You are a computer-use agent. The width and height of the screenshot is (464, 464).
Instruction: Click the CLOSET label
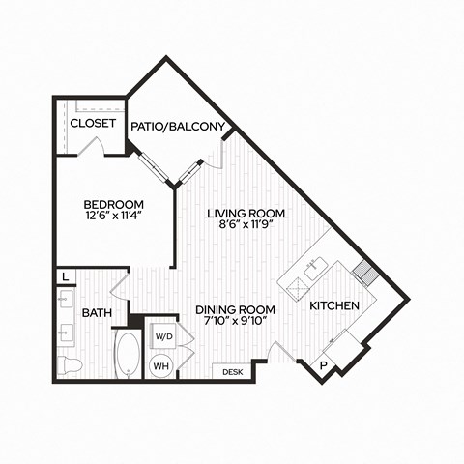click(93, 123)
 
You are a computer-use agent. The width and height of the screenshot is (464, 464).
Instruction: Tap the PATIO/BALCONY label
click(178, 127)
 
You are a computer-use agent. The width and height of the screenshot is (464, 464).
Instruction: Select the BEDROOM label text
click(113, 204)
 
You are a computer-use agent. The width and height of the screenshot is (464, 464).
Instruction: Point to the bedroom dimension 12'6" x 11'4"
click(113, 215)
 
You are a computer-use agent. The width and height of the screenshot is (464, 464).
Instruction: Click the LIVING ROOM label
click(246, 214)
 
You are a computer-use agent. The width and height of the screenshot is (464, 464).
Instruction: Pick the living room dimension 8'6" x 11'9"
click(246, 224)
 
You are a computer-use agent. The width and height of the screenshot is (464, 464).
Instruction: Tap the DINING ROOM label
click(236, 309)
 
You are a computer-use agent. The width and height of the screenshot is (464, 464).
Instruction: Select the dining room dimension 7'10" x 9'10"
click(236, 321)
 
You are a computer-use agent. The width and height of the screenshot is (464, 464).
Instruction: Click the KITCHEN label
click(334, 305)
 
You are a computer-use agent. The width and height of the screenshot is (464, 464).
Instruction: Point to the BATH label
click(97, 312)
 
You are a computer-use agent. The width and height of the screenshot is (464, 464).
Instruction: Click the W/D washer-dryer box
click(164, 336)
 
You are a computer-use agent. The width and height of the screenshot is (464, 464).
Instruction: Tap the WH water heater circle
click(161, 365)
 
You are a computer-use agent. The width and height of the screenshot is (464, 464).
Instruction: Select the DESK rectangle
click(232, 372)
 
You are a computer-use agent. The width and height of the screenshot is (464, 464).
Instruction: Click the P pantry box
click(324, 365)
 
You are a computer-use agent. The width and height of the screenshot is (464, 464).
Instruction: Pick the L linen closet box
click(66, 276)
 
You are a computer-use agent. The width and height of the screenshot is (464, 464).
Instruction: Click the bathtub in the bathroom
click(129, 355)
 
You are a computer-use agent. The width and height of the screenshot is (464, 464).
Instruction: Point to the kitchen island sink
click(316, 268)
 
